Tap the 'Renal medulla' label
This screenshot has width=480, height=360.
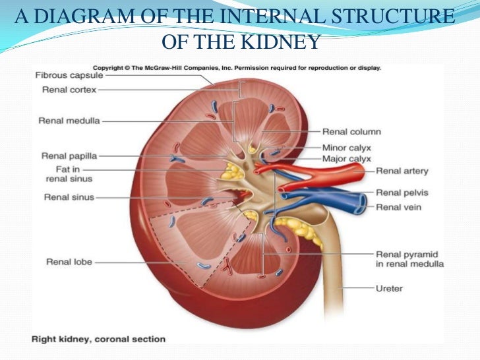[x=69, y=121]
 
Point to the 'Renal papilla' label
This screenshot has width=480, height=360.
[x=69, y=156]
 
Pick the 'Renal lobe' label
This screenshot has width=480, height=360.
[x=69, y=262]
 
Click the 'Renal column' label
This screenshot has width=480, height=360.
[x=351, y=132]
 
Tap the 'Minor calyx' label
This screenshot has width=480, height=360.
[x=346, y=148]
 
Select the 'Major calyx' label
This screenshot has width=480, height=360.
[x=346, y=159]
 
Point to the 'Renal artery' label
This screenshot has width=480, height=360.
[x=402, y=171]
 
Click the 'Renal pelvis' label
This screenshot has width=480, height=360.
[x=402, y=193]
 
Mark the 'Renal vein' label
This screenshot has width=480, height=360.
[x=397, y=207]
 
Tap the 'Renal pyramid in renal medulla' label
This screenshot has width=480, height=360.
[x=409, y=259]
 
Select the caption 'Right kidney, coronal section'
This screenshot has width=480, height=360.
[x=100, y=340]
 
